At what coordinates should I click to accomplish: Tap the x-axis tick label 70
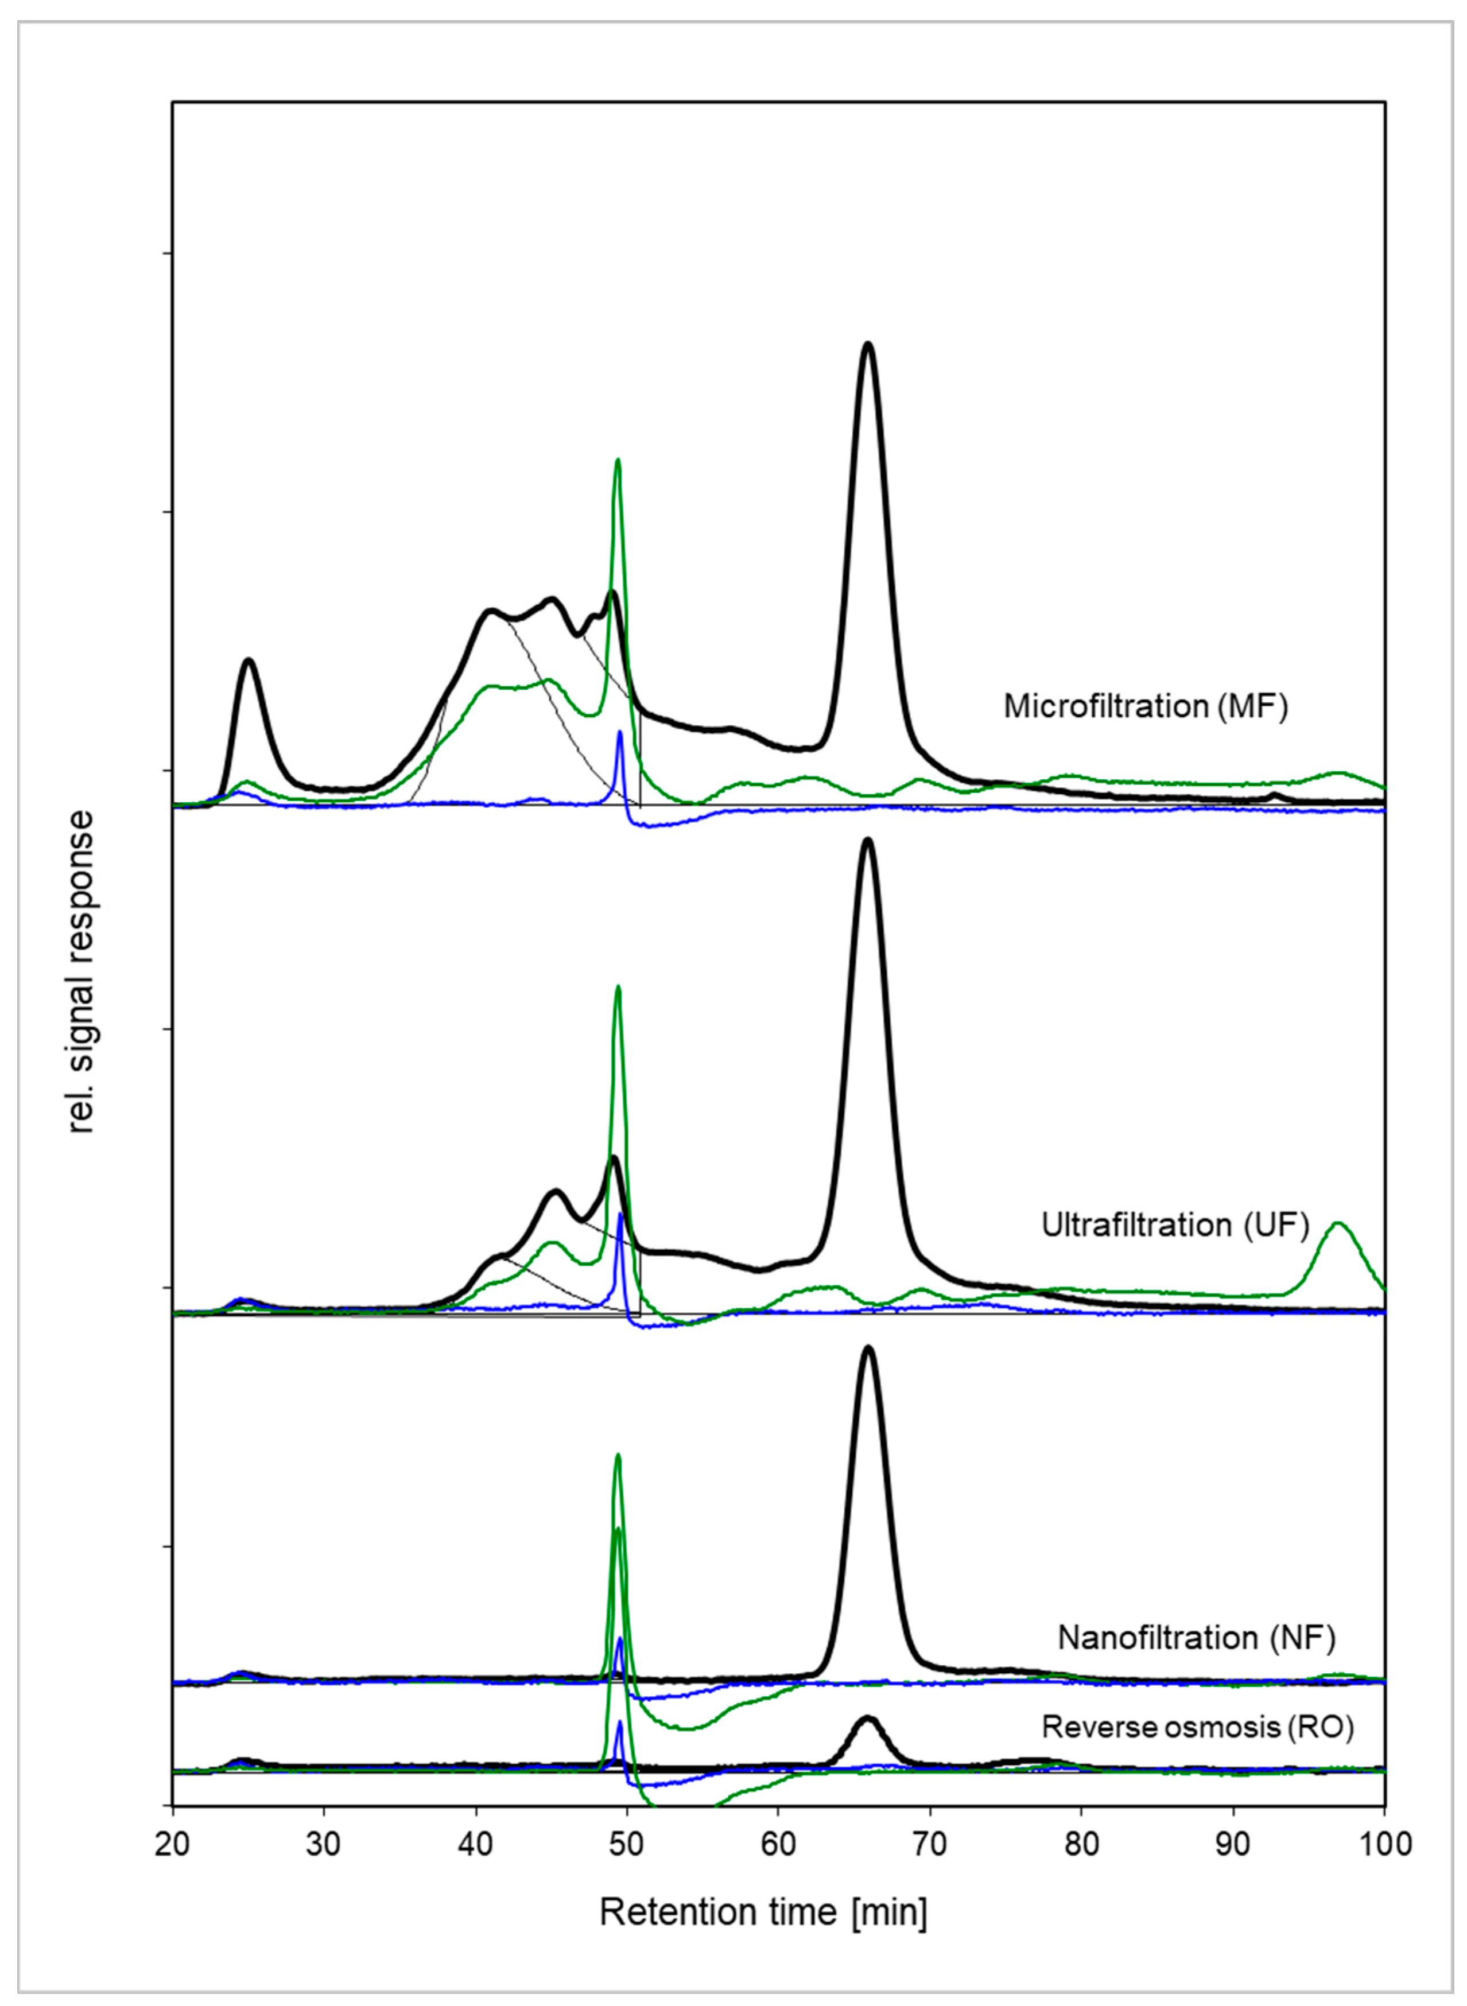click(930, 1844)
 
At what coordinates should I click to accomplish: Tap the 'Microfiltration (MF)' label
click(1146, 706)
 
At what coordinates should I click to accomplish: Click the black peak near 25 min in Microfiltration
click(250, 661)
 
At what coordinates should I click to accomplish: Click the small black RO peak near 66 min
click(868, 1719)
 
